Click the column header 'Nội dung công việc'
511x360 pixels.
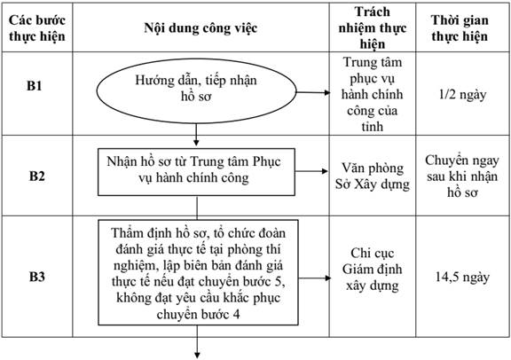200,28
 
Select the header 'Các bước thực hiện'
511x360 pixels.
37,28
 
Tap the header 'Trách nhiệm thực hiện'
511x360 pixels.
373,27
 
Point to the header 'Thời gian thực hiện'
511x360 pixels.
460,28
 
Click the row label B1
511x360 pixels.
35,86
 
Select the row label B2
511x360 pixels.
37,176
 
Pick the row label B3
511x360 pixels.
37,277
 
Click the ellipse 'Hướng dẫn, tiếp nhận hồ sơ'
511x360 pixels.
197,91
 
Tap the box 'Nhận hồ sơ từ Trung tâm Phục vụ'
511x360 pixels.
197,172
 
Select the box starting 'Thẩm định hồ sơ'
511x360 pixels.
198,272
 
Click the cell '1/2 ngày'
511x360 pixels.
462,95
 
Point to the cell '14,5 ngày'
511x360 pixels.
462,277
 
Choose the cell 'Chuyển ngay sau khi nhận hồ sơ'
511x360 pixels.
462,176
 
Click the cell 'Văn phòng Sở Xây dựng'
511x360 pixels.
373,176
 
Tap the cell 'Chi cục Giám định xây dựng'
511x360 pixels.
373,269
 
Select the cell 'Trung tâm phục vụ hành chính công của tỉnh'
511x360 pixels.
373,94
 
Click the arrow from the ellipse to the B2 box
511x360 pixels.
196,135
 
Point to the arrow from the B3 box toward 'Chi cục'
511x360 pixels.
314,278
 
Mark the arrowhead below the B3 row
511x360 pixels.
197,355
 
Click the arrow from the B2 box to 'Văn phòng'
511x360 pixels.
311,171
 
